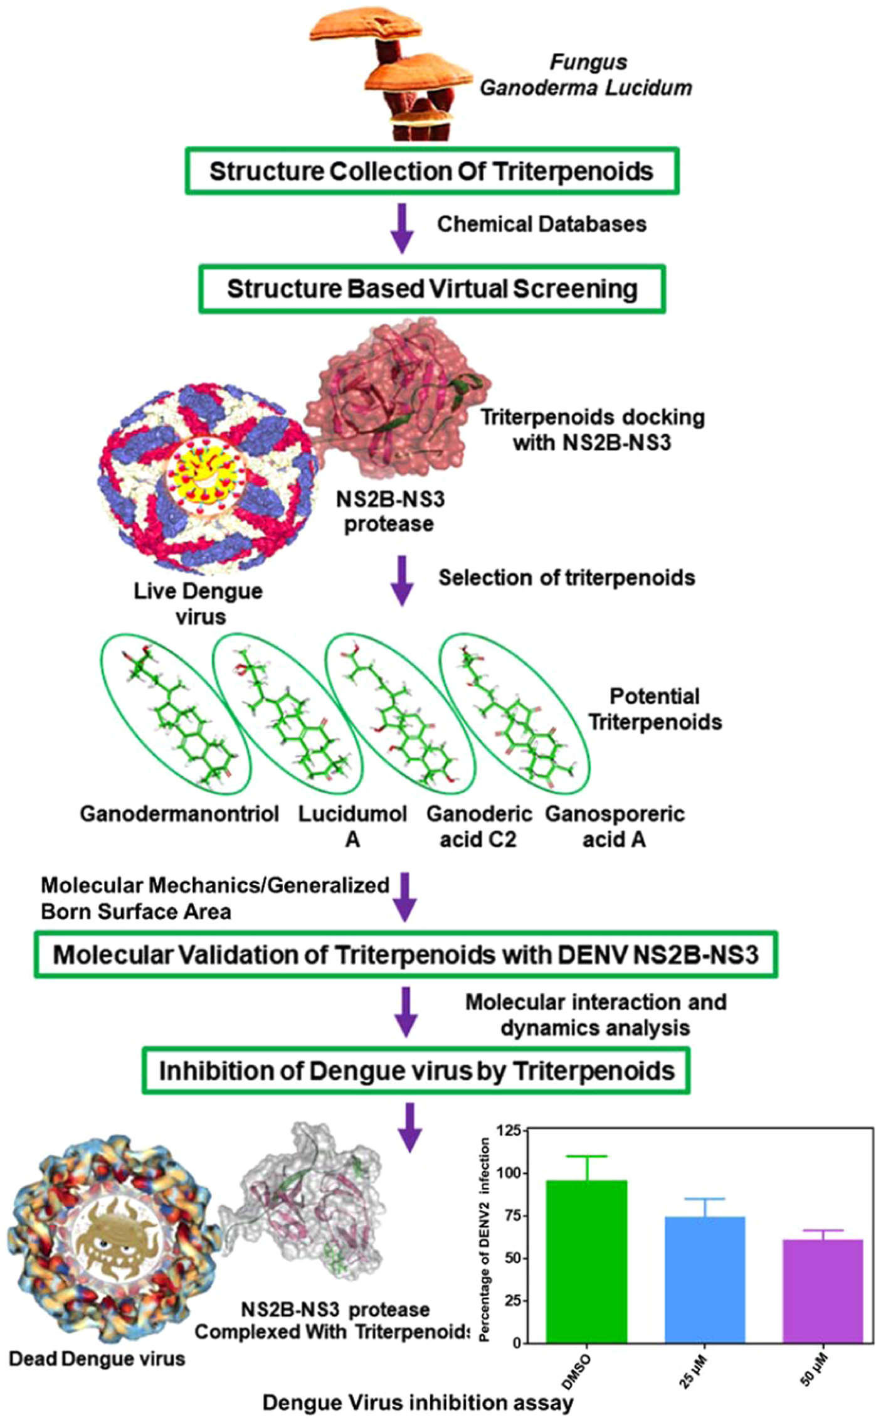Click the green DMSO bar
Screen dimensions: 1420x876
[x=586, y=1261]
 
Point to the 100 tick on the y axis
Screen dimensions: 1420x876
[x=509, y=1173]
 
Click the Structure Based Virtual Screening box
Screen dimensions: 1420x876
[x=432, y=289]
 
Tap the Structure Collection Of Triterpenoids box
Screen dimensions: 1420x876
[x=431, y=171]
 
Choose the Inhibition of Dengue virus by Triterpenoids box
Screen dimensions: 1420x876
[x=416, y=1070]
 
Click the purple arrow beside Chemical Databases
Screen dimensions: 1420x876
[x=402, y=227]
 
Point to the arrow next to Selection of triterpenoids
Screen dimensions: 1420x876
[x=402, y=580]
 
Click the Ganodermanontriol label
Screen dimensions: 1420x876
[x=179, y=814]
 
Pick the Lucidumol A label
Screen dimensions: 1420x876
[x=352, y=826]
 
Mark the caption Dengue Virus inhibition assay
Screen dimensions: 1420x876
[x=418, y=1402]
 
